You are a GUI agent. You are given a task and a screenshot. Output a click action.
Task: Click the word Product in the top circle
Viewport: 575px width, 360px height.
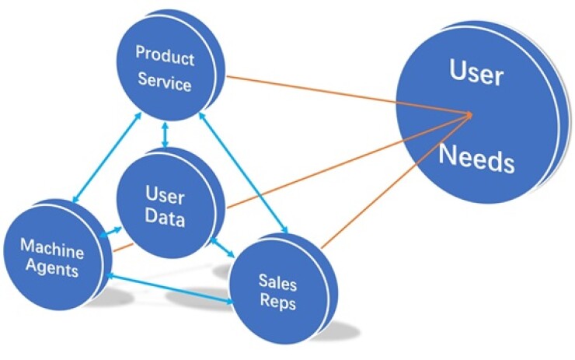(x=164, y=56)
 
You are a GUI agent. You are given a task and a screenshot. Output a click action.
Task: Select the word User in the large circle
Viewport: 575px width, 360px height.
(x=476, y=75)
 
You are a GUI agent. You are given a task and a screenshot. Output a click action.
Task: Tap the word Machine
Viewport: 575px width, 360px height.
(x=51, y=248)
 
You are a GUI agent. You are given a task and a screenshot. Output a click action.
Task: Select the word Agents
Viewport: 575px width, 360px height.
(x=51, y=271)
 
